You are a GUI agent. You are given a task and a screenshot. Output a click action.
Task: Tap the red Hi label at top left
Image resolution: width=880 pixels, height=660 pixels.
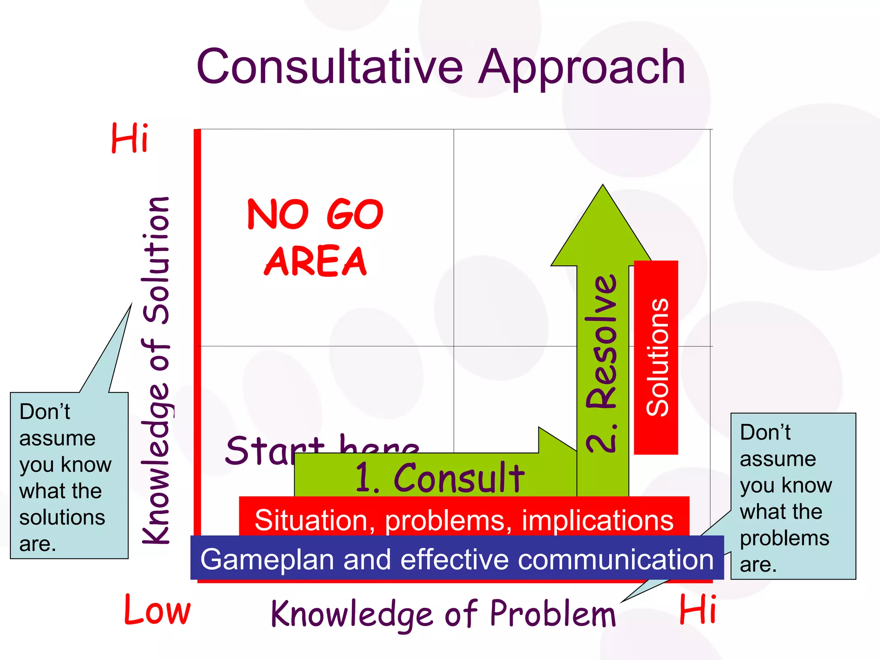[x=129, y=138]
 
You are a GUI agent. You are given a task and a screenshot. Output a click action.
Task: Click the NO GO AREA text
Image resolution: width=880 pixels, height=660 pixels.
[x=315, y=237]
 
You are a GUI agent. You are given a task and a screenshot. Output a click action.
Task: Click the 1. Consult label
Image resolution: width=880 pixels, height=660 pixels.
[x=439, y=478]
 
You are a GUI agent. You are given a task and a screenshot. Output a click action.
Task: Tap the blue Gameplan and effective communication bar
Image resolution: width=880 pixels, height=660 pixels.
[x=457, y=558]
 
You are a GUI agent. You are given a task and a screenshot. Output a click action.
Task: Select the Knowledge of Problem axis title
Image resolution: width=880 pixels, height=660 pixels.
[x=443, y=614]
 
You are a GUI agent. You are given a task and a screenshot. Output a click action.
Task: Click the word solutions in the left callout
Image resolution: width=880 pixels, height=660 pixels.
[x=62, y=517]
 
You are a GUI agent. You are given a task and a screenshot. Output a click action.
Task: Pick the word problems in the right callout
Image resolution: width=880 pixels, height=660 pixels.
[x=784, y=538]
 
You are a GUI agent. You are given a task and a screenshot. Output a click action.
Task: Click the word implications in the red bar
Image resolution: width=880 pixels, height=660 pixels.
[x=597, y=520]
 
